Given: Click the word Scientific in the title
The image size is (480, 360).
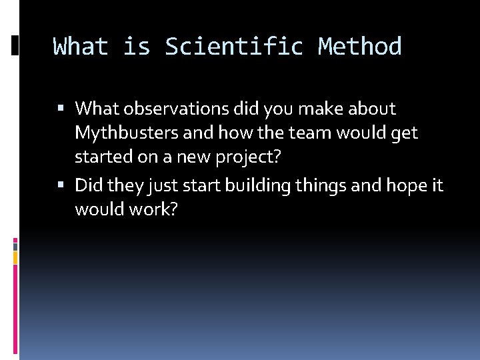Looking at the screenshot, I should point(234,47).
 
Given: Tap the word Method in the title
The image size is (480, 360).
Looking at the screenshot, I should point(360,47).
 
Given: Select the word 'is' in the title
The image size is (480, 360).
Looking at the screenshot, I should point(136,47).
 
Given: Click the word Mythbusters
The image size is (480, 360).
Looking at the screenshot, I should point(127,133).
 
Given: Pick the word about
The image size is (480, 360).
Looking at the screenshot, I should point(371,108).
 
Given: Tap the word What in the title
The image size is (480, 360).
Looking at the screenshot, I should point(80,47).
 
